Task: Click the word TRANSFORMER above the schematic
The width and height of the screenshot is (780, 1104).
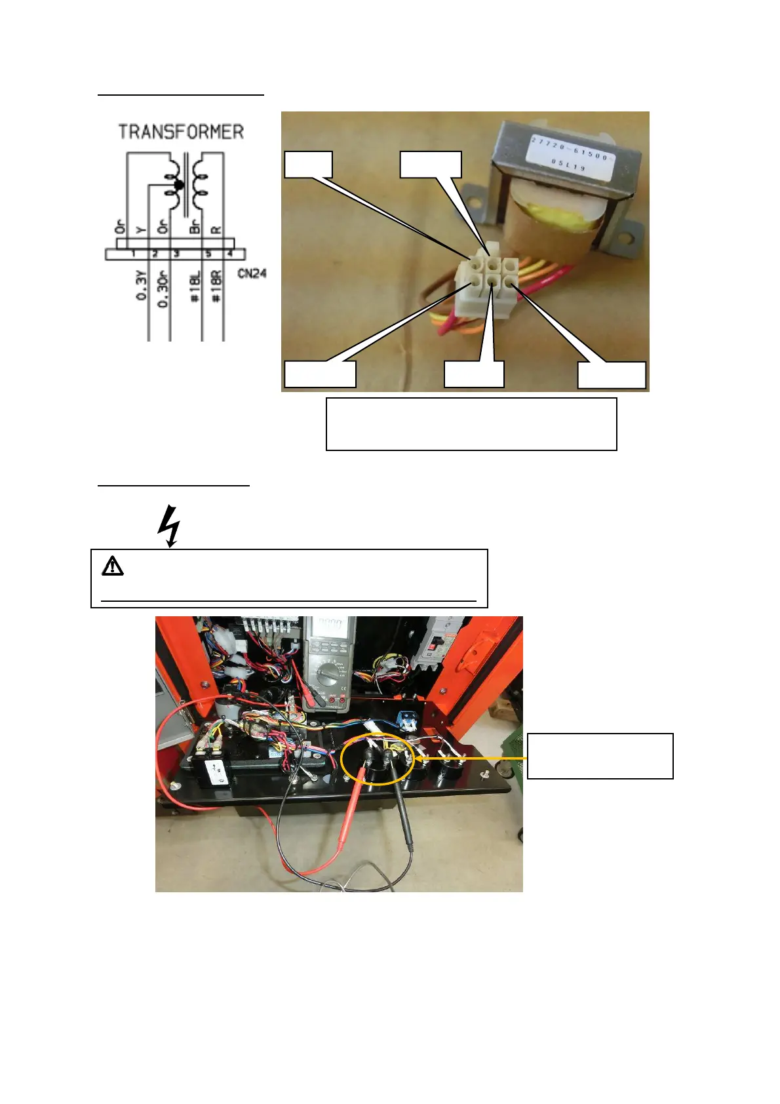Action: coord(181,132)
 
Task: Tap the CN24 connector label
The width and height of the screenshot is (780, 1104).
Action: coord(252,273)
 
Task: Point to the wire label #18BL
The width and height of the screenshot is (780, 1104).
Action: coord(195,286)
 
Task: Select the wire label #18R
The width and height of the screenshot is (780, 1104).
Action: coord(217,286)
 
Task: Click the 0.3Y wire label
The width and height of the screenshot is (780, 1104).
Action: coord(142,287)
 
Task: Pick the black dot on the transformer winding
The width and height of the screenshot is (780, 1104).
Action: coord(178,185)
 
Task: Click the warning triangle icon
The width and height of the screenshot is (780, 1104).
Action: coord(113,565)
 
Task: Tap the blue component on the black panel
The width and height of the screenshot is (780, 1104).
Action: coord(408,720)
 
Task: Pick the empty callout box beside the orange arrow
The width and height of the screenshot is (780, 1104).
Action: coord(600,756)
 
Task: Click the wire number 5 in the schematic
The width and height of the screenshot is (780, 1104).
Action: coord(208,254)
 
